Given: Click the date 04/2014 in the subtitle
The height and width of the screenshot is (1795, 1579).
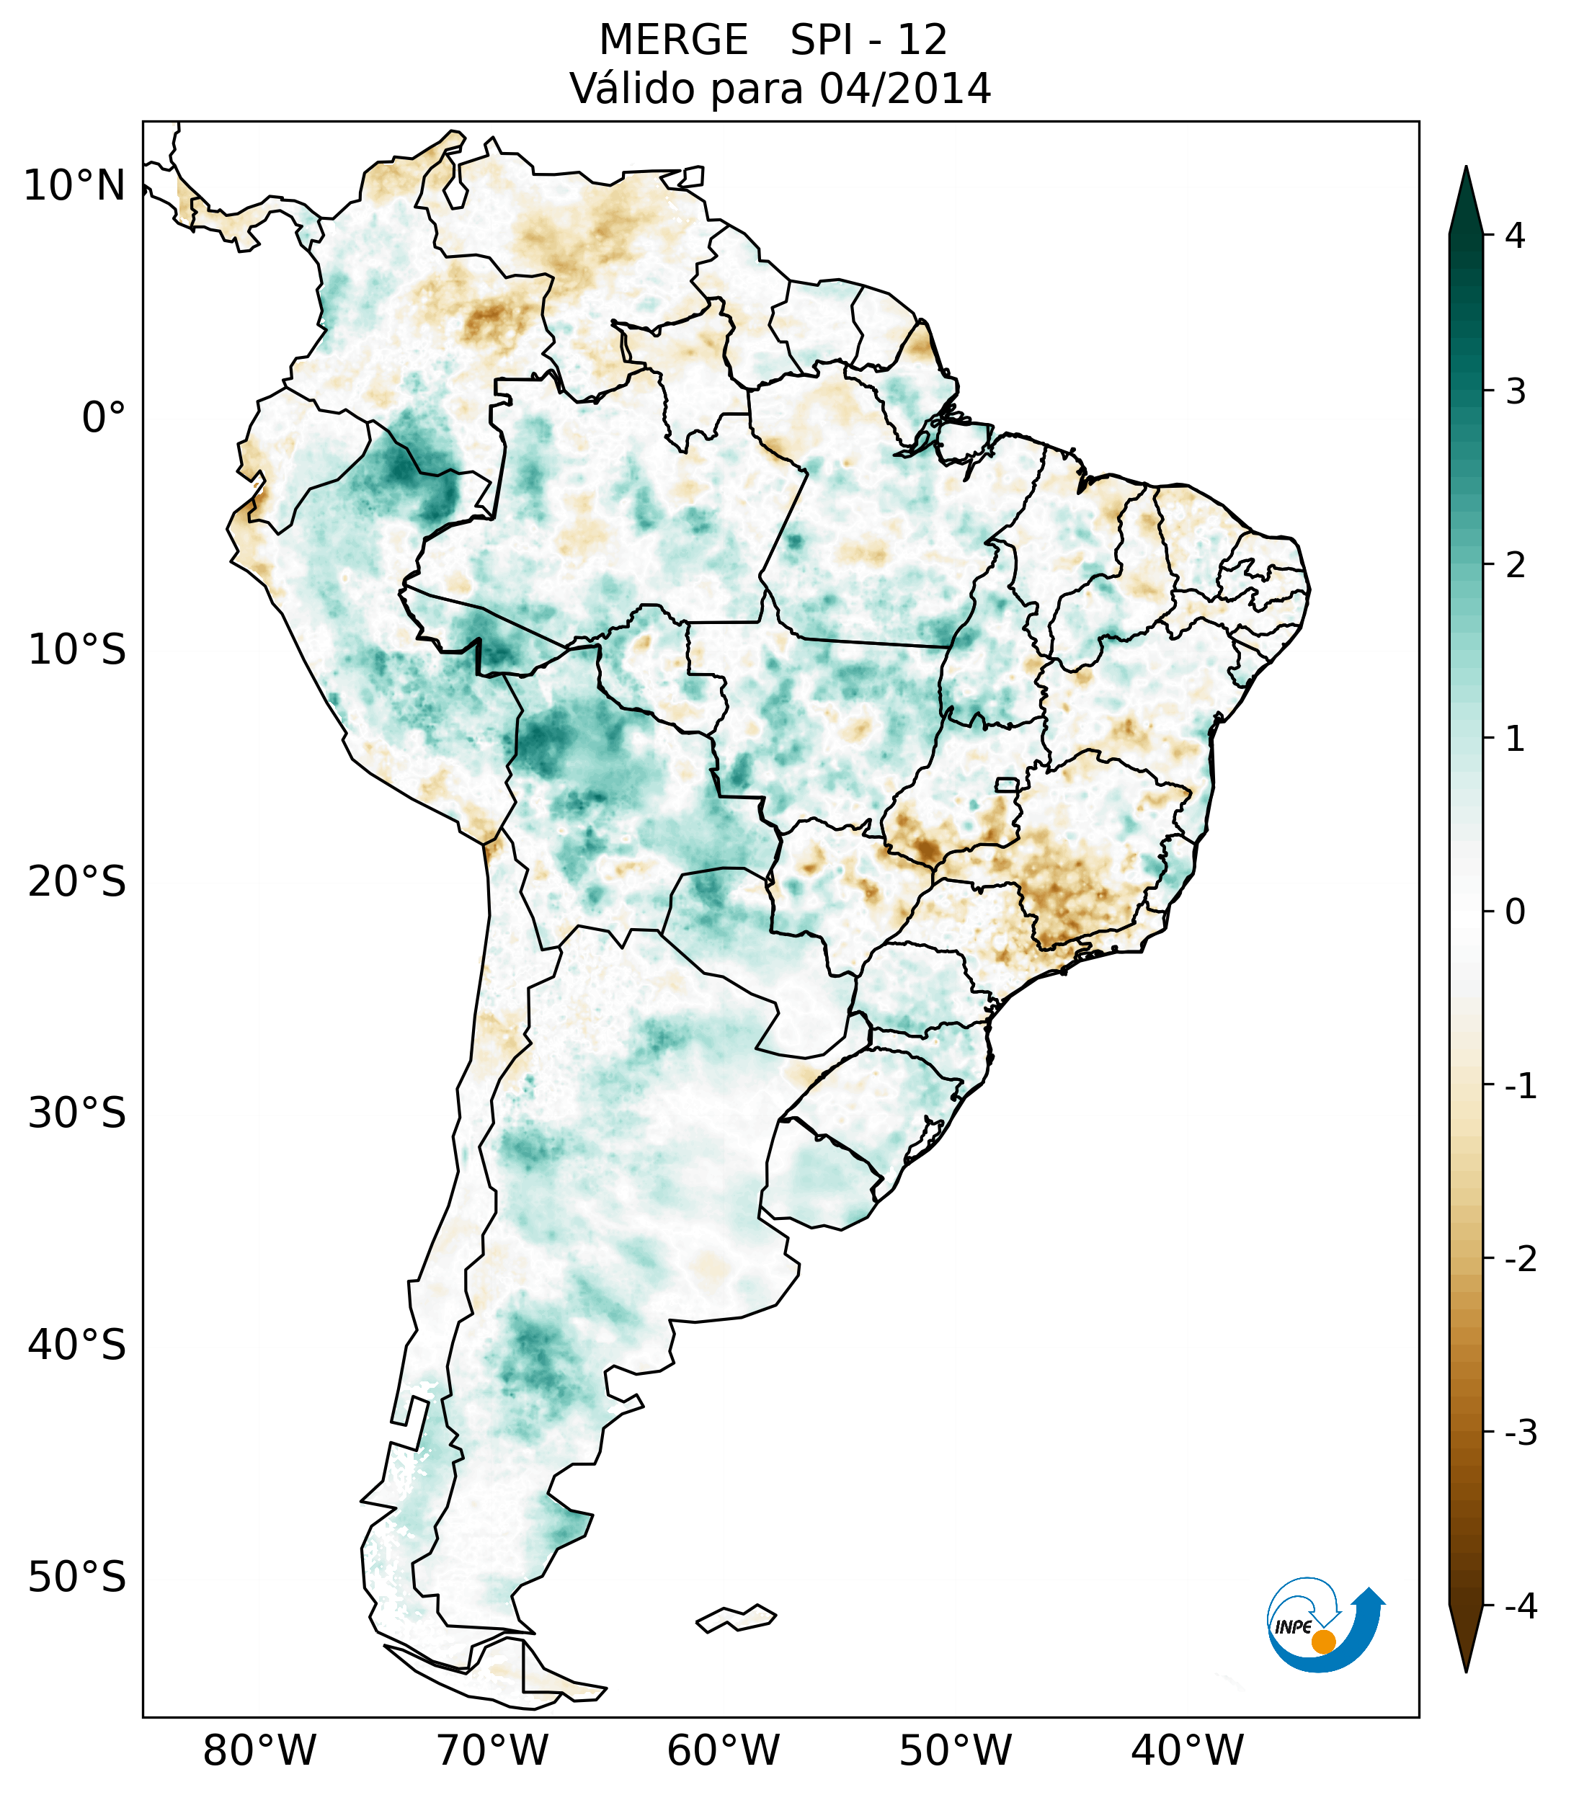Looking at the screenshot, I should (x=904, y=89).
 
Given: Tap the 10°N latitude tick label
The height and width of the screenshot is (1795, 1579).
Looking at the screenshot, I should (x=75, y=186).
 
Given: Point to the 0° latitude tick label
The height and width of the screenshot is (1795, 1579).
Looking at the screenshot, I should (x=104, y=418).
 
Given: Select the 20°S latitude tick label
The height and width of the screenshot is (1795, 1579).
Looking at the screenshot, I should (x=77, y=882).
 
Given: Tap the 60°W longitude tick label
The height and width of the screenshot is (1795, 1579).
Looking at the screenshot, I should (x=723, y=1750).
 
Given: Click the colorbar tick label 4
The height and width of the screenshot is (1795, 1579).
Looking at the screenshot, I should (x=1515, y=236).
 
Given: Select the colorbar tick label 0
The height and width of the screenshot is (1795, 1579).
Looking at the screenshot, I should (x=1515, y=912).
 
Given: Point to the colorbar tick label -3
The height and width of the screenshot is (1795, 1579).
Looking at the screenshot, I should (x=1520, y=1433).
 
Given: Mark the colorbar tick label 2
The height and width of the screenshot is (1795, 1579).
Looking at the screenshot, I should (x=1515, y=566).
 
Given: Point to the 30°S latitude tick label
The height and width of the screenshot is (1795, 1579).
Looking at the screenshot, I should (x=77, y=1113).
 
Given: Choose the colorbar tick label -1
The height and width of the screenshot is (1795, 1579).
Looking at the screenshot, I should (x=1520, y=1087).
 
